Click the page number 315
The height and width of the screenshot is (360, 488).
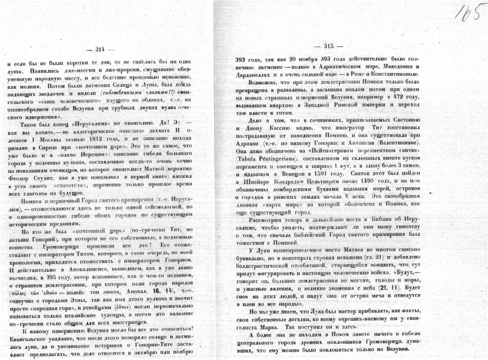pyautogui.click(x=329, y=46)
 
